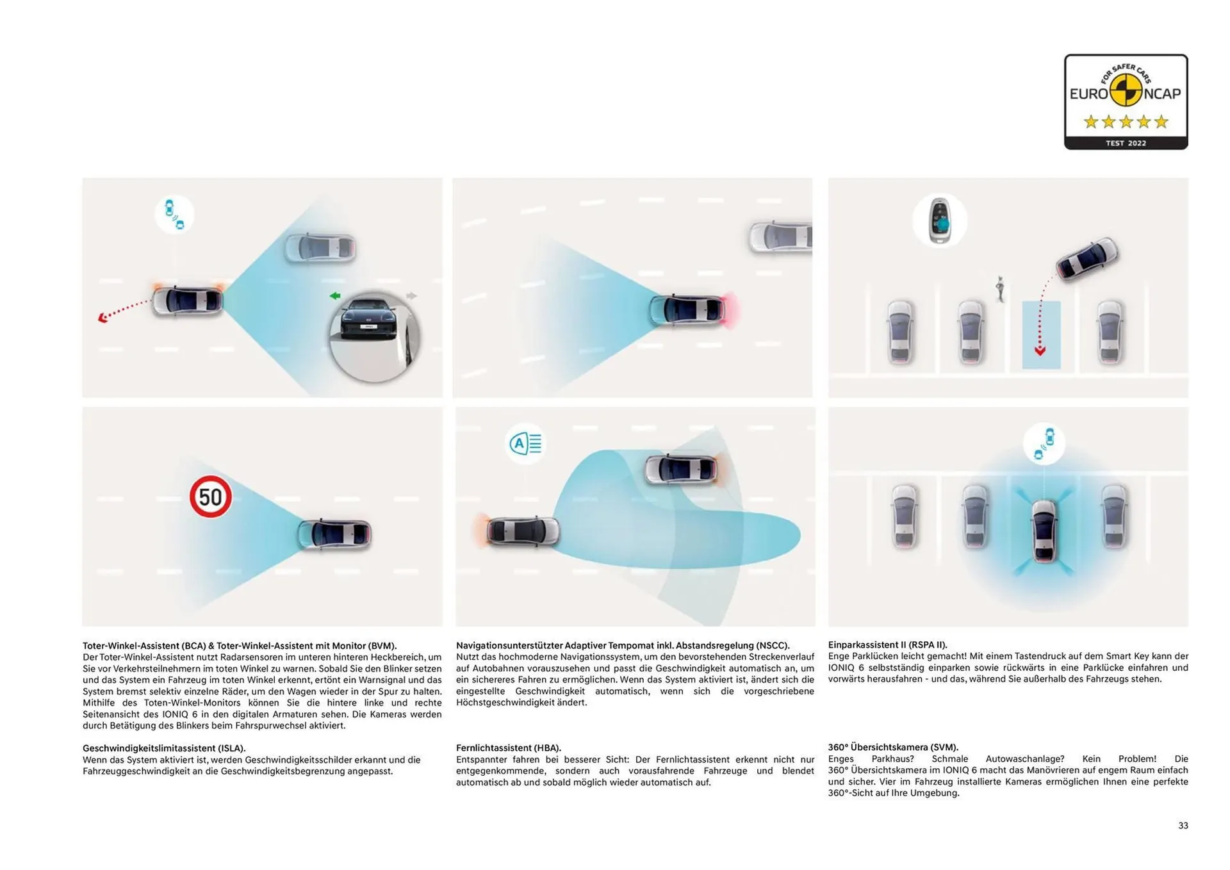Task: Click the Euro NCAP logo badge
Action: (1126, 101)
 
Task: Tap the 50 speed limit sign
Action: (210, 497)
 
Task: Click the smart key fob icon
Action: (940, 220)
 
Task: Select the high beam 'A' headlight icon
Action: (525, 443)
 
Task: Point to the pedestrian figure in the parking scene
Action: (999, 288)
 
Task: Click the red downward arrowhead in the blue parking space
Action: (1040, 351)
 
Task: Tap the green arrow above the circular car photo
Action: (334, 295)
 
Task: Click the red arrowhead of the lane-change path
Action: (102, 318)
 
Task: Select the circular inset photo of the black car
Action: (373, 337)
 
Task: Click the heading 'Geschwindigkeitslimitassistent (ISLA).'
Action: (164, 748)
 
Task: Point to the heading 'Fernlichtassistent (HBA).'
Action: (508, 748)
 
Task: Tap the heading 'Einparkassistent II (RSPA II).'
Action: (887, 644)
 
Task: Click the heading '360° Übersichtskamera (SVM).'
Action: (892, 747)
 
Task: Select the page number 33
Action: (1183, 825)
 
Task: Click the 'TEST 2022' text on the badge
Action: (1126, 143)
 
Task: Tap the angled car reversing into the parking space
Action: (1087, 259)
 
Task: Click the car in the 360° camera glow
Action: (1044, 530)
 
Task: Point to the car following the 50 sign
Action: (334, 534)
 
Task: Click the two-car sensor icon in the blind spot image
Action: (174, 215)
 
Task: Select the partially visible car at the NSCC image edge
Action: (781, 236)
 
